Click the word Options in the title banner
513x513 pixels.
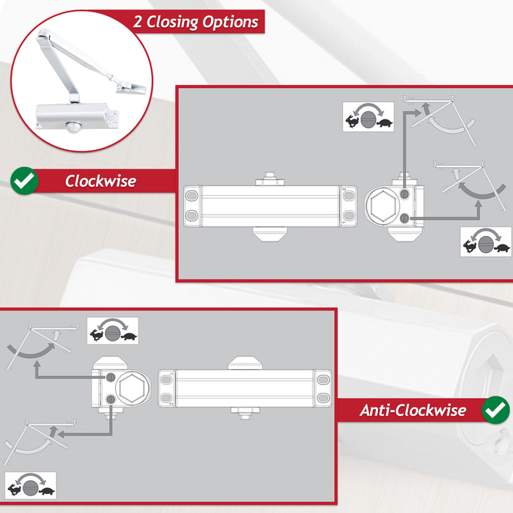pos(233,21)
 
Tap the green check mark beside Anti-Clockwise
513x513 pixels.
pos(496,409)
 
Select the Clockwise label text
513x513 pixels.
pos(100,181)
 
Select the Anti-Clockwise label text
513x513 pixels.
pos(413,410)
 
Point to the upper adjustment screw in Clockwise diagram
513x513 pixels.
pos(405,193)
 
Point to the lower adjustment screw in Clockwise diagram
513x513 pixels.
pos(405,218)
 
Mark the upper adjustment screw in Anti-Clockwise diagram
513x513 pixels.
pos(110,376)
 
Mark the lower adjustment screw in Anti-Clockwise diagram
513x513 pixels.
pos(110,399)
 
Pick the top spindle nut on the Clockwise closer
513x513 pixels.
pos(268,178)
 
